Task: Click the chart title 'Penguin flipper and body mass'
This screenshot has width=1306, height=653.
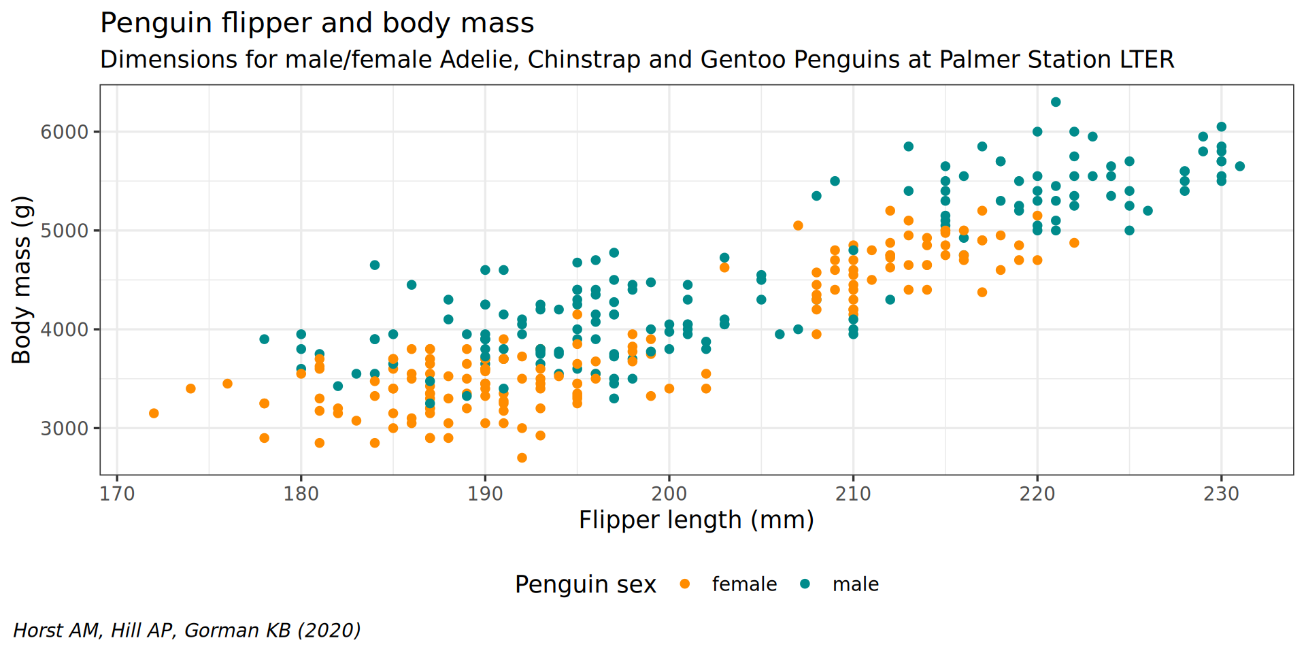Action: click(x=317, y=23)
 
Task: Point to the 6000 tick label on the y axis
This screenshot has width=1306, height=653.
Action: click(x=65, y=132)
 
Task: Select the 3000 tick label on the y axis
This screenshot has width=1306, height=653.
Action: click(x=65, y=429)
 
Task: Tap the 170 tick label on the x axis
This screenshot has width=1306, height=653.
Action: click(x=117, y=494)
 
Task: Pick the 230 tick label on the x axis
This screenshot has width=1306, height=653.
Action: click(x=1221, y=494)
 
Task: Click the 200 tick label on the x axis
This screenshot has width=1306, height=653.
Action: click(x=669, y=494)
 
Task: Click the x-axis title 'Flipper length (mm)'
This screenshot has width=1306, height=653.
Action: click(x=696, y=520)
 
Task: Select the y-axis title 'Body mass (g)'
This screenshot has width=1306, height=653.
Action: click(x=22, y=280)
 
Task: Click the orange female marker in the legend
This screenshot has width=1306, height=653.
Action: click(x=685, y=584)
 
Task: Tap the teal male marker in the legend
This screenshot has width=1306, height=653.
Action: click(x=805, y=584)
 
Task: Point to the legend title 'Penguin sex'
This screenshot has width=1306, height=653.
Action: click(x=585, y=584)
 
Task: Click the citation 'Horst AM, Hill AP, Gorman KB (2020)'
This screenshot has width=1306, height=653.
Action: click(x=187, y=631)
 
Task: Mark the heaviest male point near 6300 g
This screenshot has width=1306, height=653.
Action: click(x=1056, y=102)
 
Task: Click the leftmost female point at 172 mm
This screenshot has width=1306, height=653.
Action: click(x=154, y=414)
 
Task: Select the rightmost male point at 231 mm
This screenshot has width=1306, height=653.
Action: click(x=1239, y=167)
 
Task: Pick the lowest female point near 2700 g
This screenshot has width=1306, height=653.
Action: click(x=522, y=458)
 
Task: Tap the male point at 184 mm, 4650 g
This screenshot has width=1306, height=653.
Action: click(x=375, y=265)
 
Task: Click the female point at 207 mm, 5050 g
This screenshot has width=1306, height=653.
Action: click(x=798, y=226)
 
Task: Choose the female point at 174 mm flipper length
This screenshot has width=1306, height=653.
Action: click(x=190, y=389)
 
